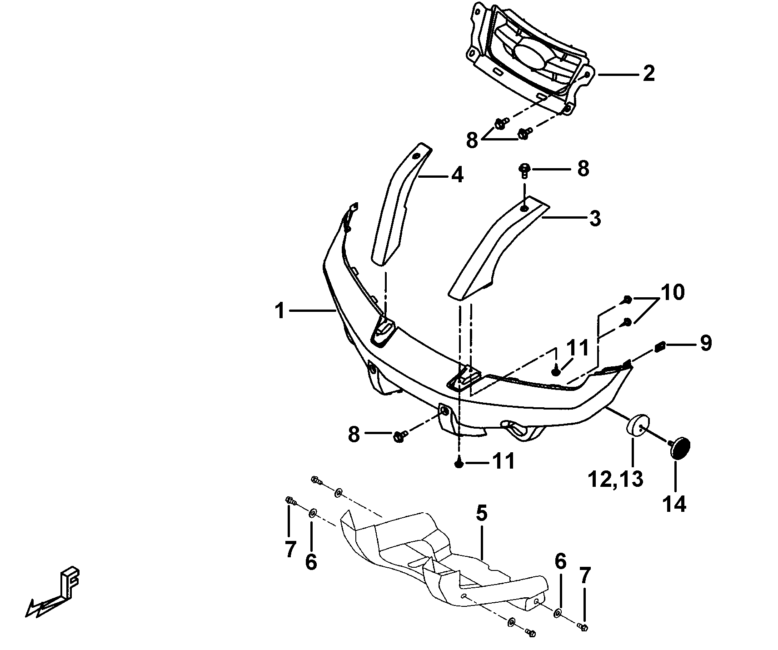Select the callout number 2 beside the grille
tap(648, 74)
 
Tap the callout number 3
tap(594, 219)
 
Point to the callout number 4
tap(457, 175)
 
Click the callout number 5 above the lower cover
tap(482, 513)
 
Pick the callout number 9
tap(705, 343)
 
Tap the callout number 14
tap(674, 504)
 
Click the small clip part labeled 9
tap(660, 348)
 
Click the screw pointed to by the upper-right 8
tap(524, 170)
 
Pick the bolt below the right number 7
tap(583, 627)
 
